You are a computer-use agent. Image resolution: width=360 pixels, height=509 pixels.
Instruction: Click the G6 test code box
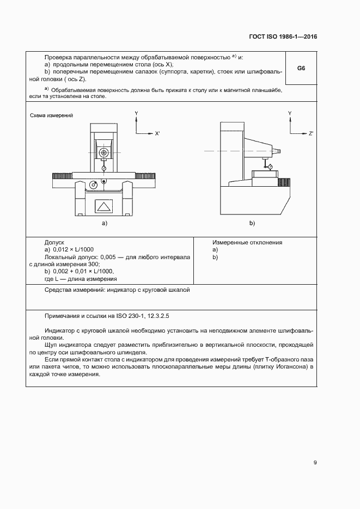tap(301, 69)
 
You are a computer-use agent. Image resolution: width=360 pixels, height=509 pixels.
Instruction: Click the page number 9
tap(315, 463)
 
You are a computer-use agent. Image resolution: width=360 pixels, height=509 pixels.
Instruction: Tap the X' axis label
tap(157, 133)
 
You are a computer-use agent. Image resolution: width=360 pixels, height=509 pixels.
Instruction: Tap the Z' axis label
tap(310, 133)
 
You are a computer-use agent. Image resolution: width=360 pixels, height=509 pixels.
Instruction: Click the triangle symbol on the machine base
tap(103, 206)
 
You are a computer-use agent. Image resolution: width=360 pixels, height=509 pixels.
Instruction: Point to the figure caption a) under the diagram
tap(104, 223)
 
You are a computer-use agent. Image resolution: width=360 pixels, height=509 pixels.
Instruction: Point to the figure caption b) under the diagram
tap(252, 223)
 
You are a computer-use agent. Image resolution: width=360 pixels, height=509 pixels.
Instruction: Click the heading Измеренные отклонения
tap(247, 242)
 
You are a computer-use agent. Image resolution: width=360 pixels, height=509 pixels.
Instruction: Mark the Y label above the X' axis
tap(136, 113)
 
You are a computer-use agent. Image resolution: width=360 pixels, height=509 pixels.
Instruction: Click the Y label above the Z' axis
tap(290, 113)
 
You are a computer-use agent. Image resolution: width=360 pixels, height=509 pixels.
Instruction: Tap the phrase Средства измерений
tap(72, 290)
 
